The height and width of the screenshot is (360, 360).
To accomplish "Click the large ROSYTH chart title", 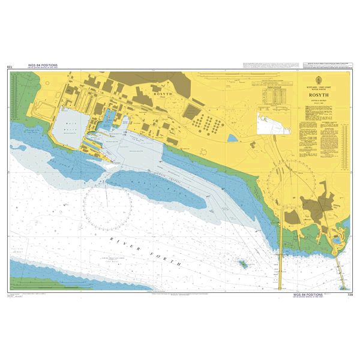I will click(318, 94).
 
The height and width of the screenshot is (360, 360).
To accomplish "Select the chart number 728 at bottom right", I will click(350, 295).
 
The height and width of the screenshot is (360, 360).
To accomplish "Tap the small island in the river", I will click(244, 263).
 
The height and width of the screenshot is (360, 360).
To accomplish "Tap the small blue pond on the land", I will click(232, 138).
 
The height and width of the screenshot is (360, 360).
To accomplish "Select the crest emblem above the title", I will click(318, 79).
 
